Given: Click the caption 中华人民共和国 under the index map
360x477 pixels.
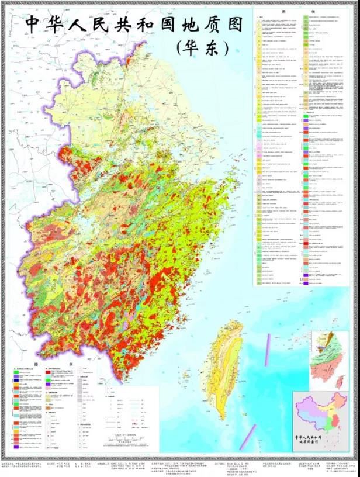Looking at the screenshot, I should (321, 437).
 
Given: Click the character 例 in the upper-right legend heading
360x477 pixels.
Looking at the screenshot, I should (310, 11).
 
